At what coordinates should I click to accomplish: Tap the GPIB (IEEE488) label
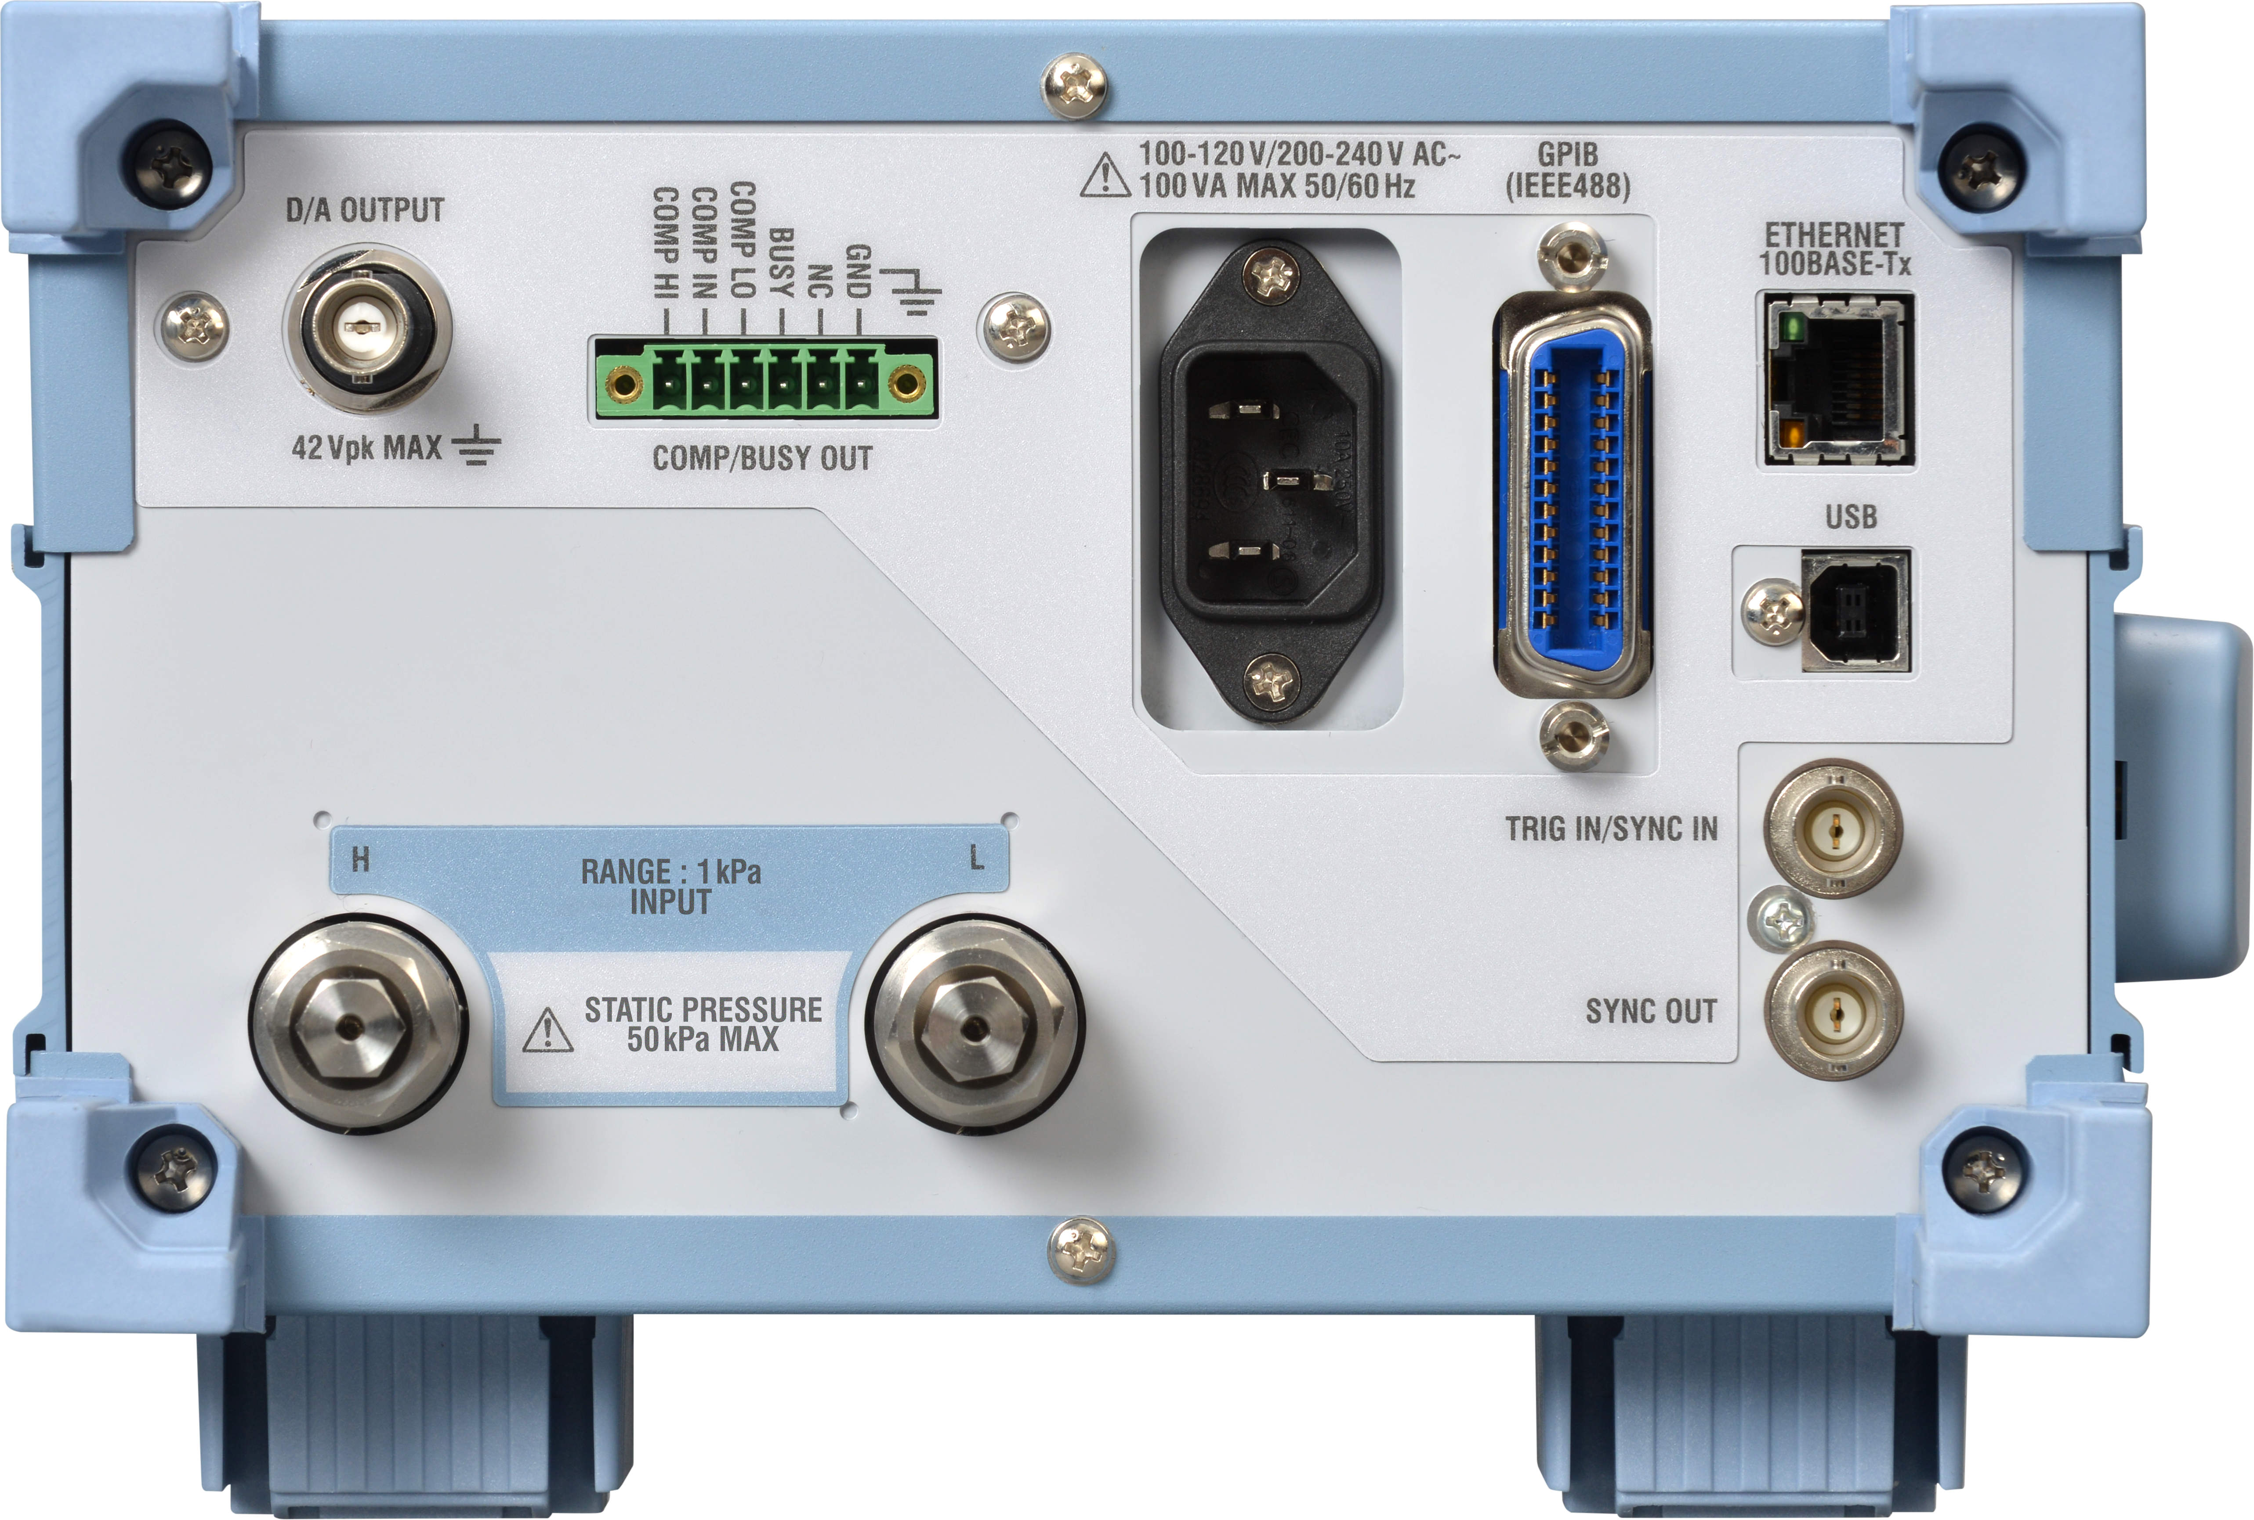(1567, 171)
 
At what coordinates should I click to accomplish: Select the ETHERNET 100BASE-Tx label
(1834, 249)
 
